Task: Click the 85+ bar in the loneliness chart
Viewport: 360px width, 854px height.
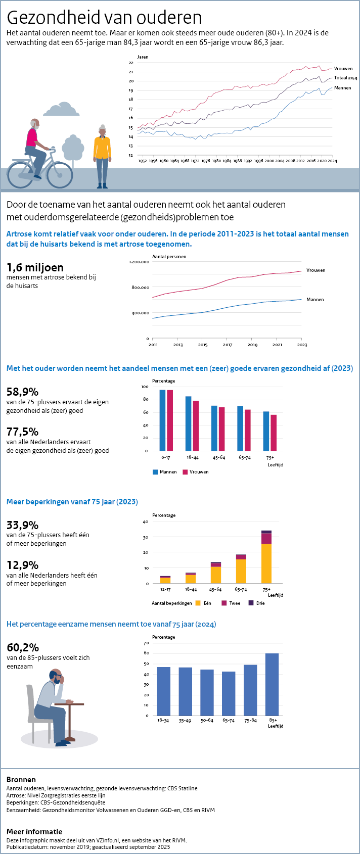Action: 272,684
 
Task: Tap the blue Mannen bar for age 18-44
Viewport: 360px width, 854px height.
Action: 189,423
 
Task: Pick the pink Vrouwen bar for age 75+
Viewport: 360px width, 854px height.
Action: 274,433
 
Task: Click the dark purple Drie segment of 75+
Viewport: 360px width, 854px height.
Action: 266,532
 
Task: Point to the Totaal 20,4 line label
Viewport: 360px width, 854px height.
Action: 345,78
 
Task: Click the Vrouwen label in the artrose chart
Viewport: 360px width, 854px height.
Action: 316,270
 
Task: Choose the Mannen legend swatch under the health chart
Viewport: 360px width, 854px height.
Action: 155,472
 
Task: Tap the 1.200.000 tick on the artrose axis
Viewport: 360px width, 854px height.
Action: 139,262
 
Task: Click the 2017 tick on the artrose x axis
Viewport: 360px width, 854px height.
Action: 228,345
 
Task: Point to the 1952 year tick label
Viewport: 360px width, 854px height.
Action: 143,161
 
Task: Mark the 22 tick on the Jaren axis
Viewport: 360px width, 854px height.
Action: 131,63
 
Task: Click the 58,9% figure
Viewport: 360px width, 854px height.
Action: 22,392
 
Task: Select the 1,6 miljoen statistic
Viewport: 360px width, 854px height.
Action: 35,267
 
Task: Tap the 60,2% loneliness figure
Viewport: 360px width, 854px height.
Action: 22,647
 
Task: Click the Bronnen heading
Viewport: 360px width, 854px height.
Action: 21,779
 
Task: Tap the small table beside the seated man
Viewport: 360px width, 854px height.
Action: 69,718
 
